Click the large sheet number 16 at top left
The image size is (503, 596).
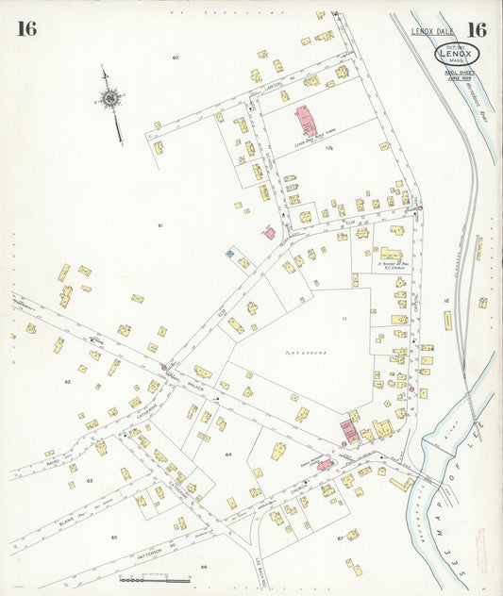click(26, 28)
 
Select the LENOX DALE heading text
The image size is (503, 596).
click(431, 32)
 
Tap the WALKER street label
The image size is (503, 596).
click(195, 385)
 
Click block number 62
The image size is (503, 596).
click(67, 381)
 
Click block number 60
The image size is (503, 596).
click(176, 58)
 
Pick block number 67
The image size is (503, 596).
click(340, 538)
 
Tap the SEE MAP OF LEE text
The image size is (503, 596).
click(468, 490)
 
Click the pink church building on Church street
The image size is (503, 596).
click(324, 464)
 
